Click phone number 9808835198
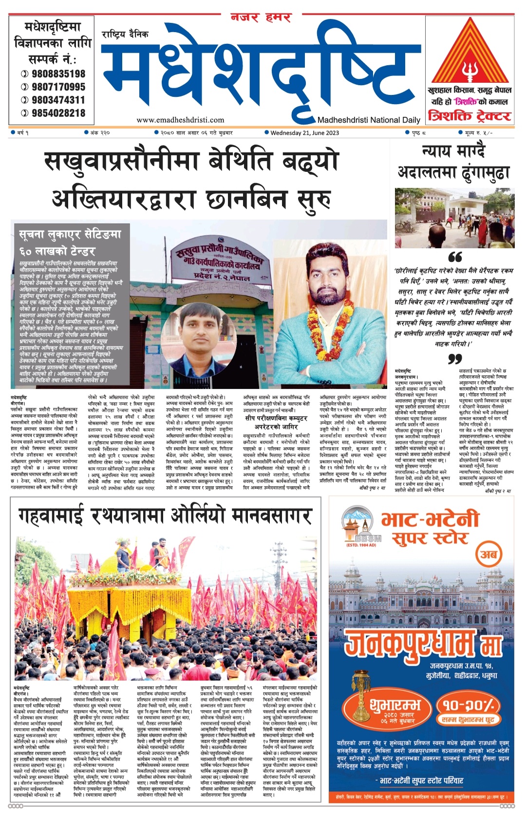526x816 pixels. [x=58, y=74]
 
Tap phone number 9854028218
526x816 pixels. [x=58, y=113]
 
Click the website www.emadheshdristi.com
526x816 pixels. [x=180, y=120]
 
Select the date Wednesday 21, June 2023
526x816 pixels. [x=304, y=132]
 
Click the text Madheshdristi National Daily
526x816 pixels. [x=369, y=120]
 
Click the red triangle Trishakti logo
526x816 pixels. [x=470, y=54]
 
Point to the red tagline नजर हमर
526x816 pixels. [x=261, y=18]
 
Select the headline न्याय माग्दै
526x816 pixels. [x=453, y=151]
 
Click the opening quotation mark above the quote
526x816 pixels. [x=454, y=257]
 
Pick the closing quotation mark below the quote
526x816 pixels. [x=454, y=359]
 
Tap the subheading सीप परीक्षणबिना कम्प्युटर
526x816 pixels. [x=276, y=418]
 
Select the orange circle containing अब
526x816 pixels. [x=488, y=554]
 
